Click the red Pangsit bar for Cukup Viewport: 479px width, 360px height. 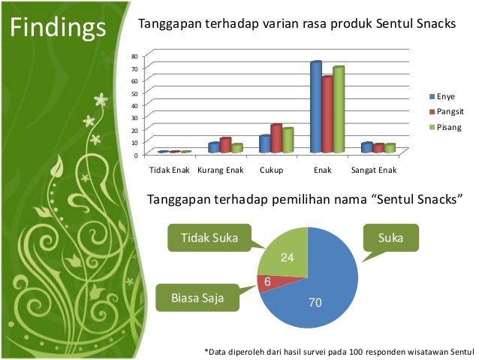click(276, 138)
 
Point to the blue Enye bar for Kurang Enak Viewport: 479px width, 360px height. click(214, 147)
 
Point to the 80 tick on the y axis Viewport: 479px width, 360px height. click(135, 56)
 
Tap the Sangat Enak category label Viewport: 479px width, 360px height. click(373, 171)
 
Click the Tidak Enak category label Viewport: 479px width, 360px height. click(170, 171)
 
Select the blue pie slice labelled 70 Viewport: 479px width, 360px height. click(319, 293)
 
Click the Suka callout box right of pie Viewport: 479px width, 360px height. click(390, 238)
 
